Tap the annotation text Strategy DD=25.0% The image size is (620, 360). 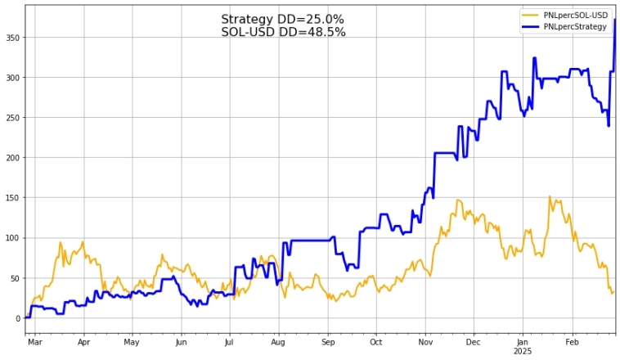tap(282, 20)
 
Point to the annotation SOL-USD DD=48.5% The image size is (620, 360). tap(283, 32)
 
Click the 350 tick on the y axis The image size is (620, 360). tap(12, 38)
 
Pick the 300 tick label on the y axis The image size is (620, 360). tap(12, 78)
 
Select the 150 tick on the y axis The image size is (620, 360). tap(12, 198)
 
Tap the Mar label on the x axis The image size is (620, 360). tap(34, 342)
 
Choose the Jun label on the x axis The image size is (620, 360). tap(181, 342)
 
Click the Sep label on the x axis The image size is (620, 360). tap(327, 342)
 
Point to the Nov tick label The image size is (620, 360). tap(425, 342)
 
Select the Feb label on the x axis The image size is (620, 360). tap(571, 342)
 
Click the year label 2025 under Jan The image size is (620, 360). tap(522, 352)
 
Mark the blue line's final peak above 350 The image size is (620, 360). tap(614, 20)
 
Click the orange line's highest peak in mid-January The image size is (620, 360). tap(550, 196)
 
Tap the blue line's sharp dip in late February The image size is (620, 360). tap(609, 125)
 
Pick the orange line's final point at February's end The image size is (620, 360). tap(613, 291)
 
